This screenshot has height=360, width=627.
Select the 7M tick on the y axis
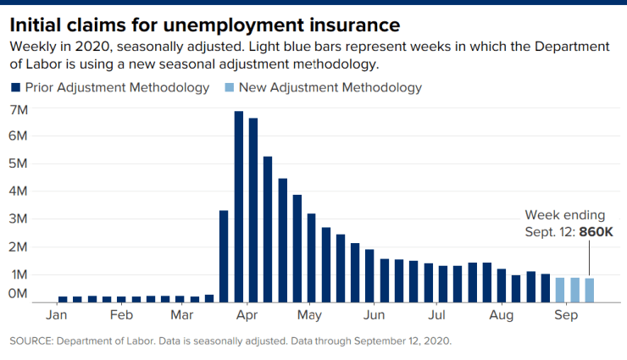tap(19, 109)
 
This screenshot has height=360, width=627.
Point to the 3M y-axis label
tap(19, 219)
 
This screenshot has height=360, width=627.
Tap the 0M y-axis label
tap(19, 293)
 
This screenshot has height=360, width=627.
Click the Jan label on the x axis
tap(56, 316)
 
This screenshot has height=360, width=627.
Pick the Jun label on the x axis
tap(374, 316)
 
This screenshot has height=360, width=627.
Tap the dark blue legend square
tap(16, 88)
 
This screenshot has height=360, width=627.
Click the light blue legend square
tap(230, 88)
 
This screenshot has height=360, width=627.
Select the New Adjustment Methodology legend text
tap(330, 87)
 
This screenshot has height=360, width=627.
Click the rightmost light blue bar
tap(589, 290)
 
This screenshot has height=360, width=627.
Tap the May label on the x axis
tap(310, 316)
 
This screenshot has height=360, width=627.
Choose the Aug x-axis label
tap(502, 316)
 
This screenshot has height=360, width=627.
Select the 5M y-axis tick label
tap(19, 163)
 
